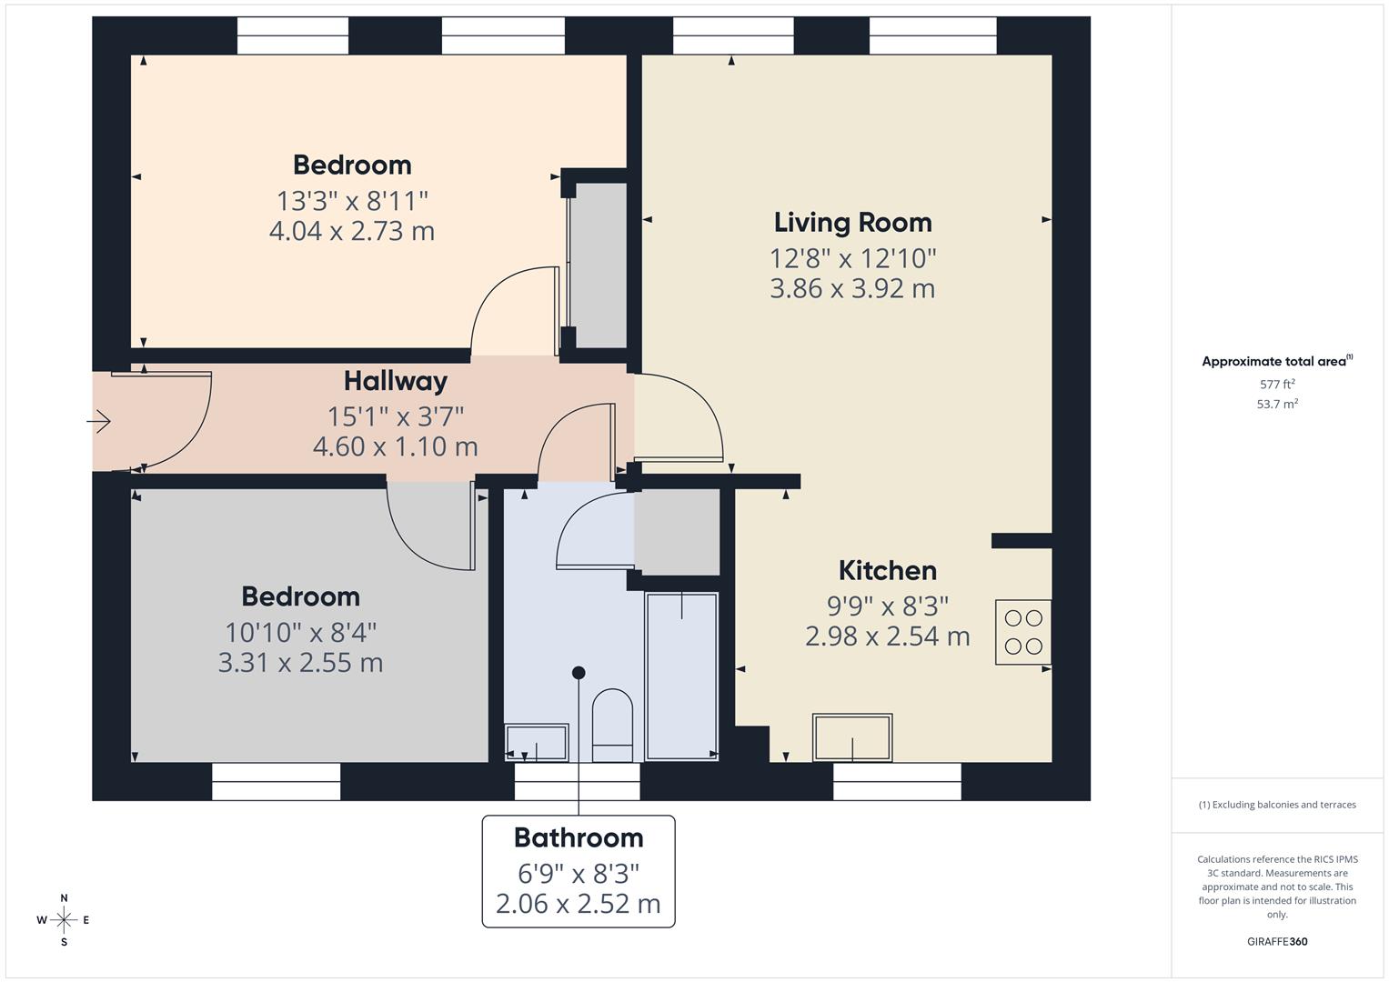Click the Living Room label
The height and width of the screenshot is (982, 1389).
[x=852, y=223]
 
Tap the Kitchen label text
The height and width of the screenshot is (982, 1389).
[x=887, y=571]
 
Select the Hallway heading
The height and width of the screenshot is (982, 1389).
[x=395, y=381]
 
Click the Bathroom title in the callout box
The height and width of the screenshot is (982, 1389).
[x=578, y=837]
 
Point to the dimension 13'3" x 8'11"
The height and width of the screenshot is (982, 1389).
[x=352, y=200]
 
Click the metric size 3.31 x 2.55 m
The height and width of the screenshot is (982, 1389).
[x=300, y=663]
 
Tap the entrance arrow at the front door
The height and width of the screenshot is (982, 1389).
[x=99, y=421]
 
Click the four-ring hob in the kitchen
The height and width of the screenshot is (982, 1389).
[x=1023, y=632]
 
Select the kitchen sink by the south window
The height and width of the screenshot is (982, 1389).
[x=852, y=737]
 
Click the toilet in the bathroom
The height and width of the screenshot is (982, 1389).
[x=612, y=724]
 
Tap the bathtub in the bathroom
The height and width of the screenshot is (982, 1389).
[x=681, y=675]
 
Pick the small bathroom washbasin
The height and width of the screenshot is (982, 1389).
[x=536, y=742]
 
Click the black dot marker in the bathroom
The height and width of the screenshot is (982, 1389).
[x=579, y=673]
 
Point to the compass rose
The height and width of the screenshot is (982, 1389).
[x=64, y=920]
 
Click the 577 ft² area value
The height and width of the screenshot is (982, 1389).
[x=1277, y=385]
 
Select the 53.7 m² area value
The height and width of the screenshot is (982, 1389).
[x=1277, y=404]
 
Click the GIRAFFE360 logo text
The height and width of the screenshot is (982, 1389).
[x=1277, y=942]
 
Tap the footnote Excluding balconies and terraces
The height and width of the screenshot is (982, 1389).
[x=1277, y=805]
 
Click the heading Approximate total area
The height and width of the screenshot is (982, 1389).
[x=1275, y=362]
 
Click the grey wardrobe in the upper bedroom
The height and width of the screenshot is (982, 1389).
[x=597, y=264]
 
